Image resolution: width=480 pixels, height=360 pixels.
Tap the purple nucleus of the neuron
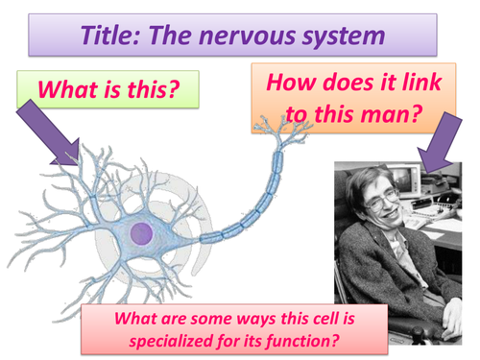[x=143, y=231]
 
